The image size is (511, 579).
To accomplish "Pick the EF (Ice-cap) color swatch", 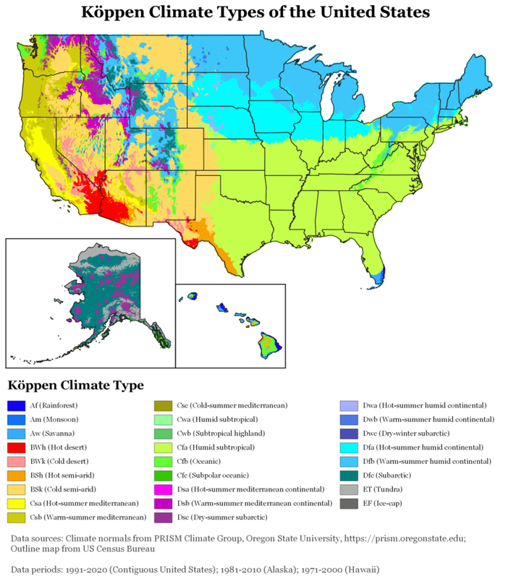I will pos(350,503).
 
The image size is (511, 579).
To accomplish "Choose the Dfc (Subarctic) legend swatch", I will pos(350,475).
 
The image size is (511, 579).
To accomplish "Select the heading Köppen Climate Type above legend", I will pos(75,384).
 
